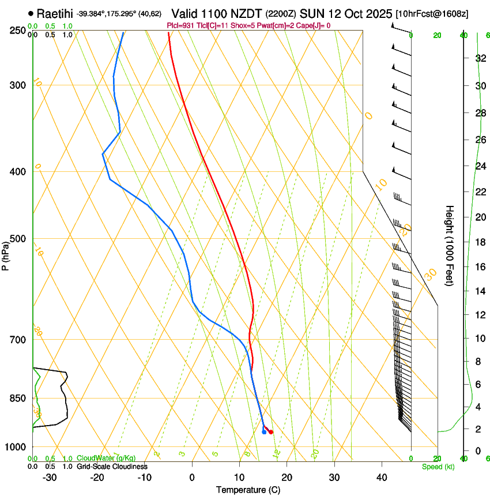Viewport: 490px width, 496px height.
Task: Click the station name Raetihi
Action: pyautogui.click(x=55, y=13)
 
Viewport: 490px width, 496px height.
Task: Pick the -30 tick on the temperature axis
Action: pyautogui.click(x=50, y=478)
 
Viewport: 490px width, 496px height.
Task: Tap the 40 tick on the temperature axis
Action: pyautogui.click(x=382, y=478)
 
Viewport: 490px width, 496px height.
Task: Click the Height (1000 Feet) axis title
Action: pyautogui.click(x=450, y=245)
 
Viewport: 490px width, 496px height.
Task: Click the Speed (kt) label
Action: pyautogui.click(x=438, y=467)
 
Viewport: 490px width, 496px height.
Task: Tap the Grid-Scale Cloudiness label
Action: pyautogui.click(x=112, y=467)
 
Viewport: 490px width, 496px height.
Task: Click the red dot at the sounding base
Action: pyautogui.click(x=271, y=432)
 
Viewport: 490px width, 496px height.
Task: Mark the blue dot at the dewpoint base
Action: pyautogui.click(x=264, y=432)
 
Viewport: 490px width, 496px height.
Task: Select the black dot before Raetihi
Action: pyautogui.click(x=31, y=13)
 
